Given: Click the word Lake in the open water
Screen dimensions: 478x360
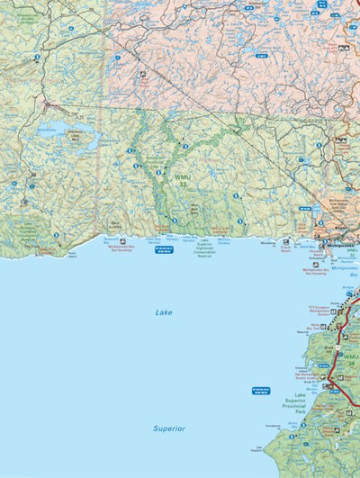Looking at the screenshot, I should (x=163, y=312).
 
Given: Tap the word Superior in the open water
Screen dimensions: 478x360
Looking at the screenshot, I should (x=168, y=428).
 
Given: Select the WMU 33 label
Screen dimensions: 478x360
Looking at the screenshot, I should (x=184, y=181).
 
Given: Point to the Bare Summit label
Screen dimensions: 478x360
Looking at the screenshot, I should (x=116, y=221).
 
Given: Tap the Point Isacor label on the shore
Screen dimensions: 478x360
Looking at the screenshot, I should (x=72, y=255).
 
